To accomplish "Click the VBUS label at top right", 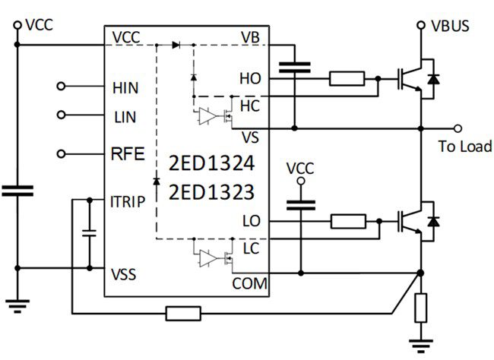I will pos(450,26).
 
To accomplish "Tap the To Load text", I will pos(465,147).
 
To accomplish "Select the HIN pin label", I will pos(125,87).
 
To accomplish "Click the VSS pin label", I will pos(124,273).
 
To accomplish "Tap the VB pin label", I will pos(251,37).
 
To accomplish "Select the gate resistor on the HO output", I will pos(347,77).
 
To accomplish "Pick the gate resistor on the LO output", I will pos(348,221).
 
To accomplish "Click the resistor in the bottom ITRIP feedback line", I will pos(183,312).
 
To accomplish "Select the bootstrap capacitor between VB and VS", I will pos(293,69).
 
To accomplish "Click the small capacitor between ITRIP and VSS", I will pos(89,232).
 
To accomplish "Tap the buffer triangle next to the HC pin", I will pos(205,116).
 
